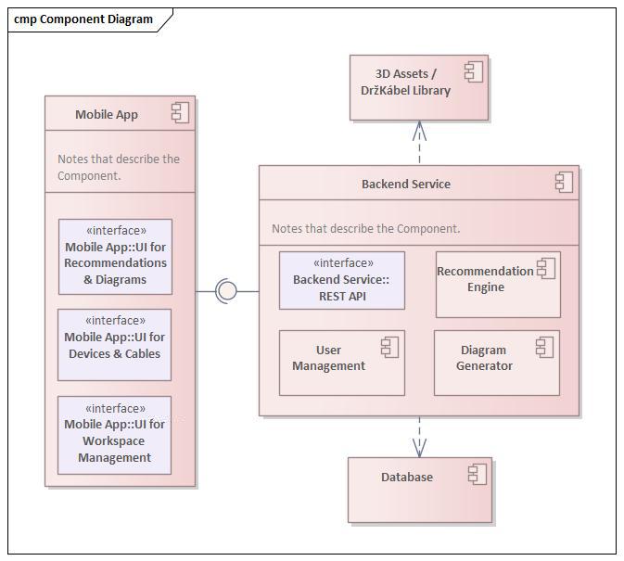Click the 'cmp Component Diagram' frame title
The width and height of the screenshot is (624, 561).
click(83, 19)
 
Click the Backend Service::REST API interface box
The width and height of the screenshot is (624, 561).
click(341, 280)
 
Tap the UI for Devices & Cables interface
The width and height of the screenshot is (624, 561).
click(114, 344)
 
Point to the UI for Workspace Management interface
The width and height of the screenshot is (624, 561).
click(114, 435)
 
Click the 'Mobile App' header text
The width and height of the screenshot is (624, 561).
click(107, 115)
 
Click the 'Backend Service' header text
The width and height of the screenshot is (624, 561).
click(405, 184)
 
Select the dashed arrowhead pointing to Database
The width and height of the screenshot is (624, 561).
click(419, 449)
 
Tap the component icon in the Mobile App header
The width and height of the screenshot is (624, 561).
click(180, 113)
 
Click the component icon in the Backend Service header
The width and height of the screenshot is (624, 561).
click(564, 182)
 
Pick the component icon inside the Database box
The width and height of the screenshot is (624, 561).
click(478, 474)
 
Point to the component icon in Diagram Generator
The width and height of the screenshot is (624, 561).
click(544, 347)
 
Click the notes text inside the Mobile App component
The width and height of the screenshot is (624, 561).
click(118, 167)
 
